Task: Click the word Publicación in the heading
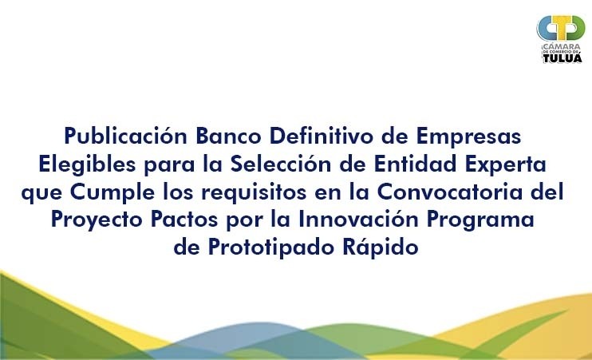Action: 126,136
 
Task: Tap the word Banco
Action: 228,136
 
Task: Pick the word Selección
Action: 281,164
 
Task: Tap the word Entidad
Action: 416,164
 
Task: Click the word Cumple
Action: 112,192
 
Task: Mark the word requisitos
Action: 254,192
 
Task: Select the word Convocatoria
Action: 450,192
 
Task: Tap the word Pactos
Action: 184,220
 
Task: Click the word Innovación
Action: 358,220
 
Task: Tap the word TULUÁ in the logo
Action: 562,57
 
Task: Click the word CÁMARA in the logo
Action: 561,45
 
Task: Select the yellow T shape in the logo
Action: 561,28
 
